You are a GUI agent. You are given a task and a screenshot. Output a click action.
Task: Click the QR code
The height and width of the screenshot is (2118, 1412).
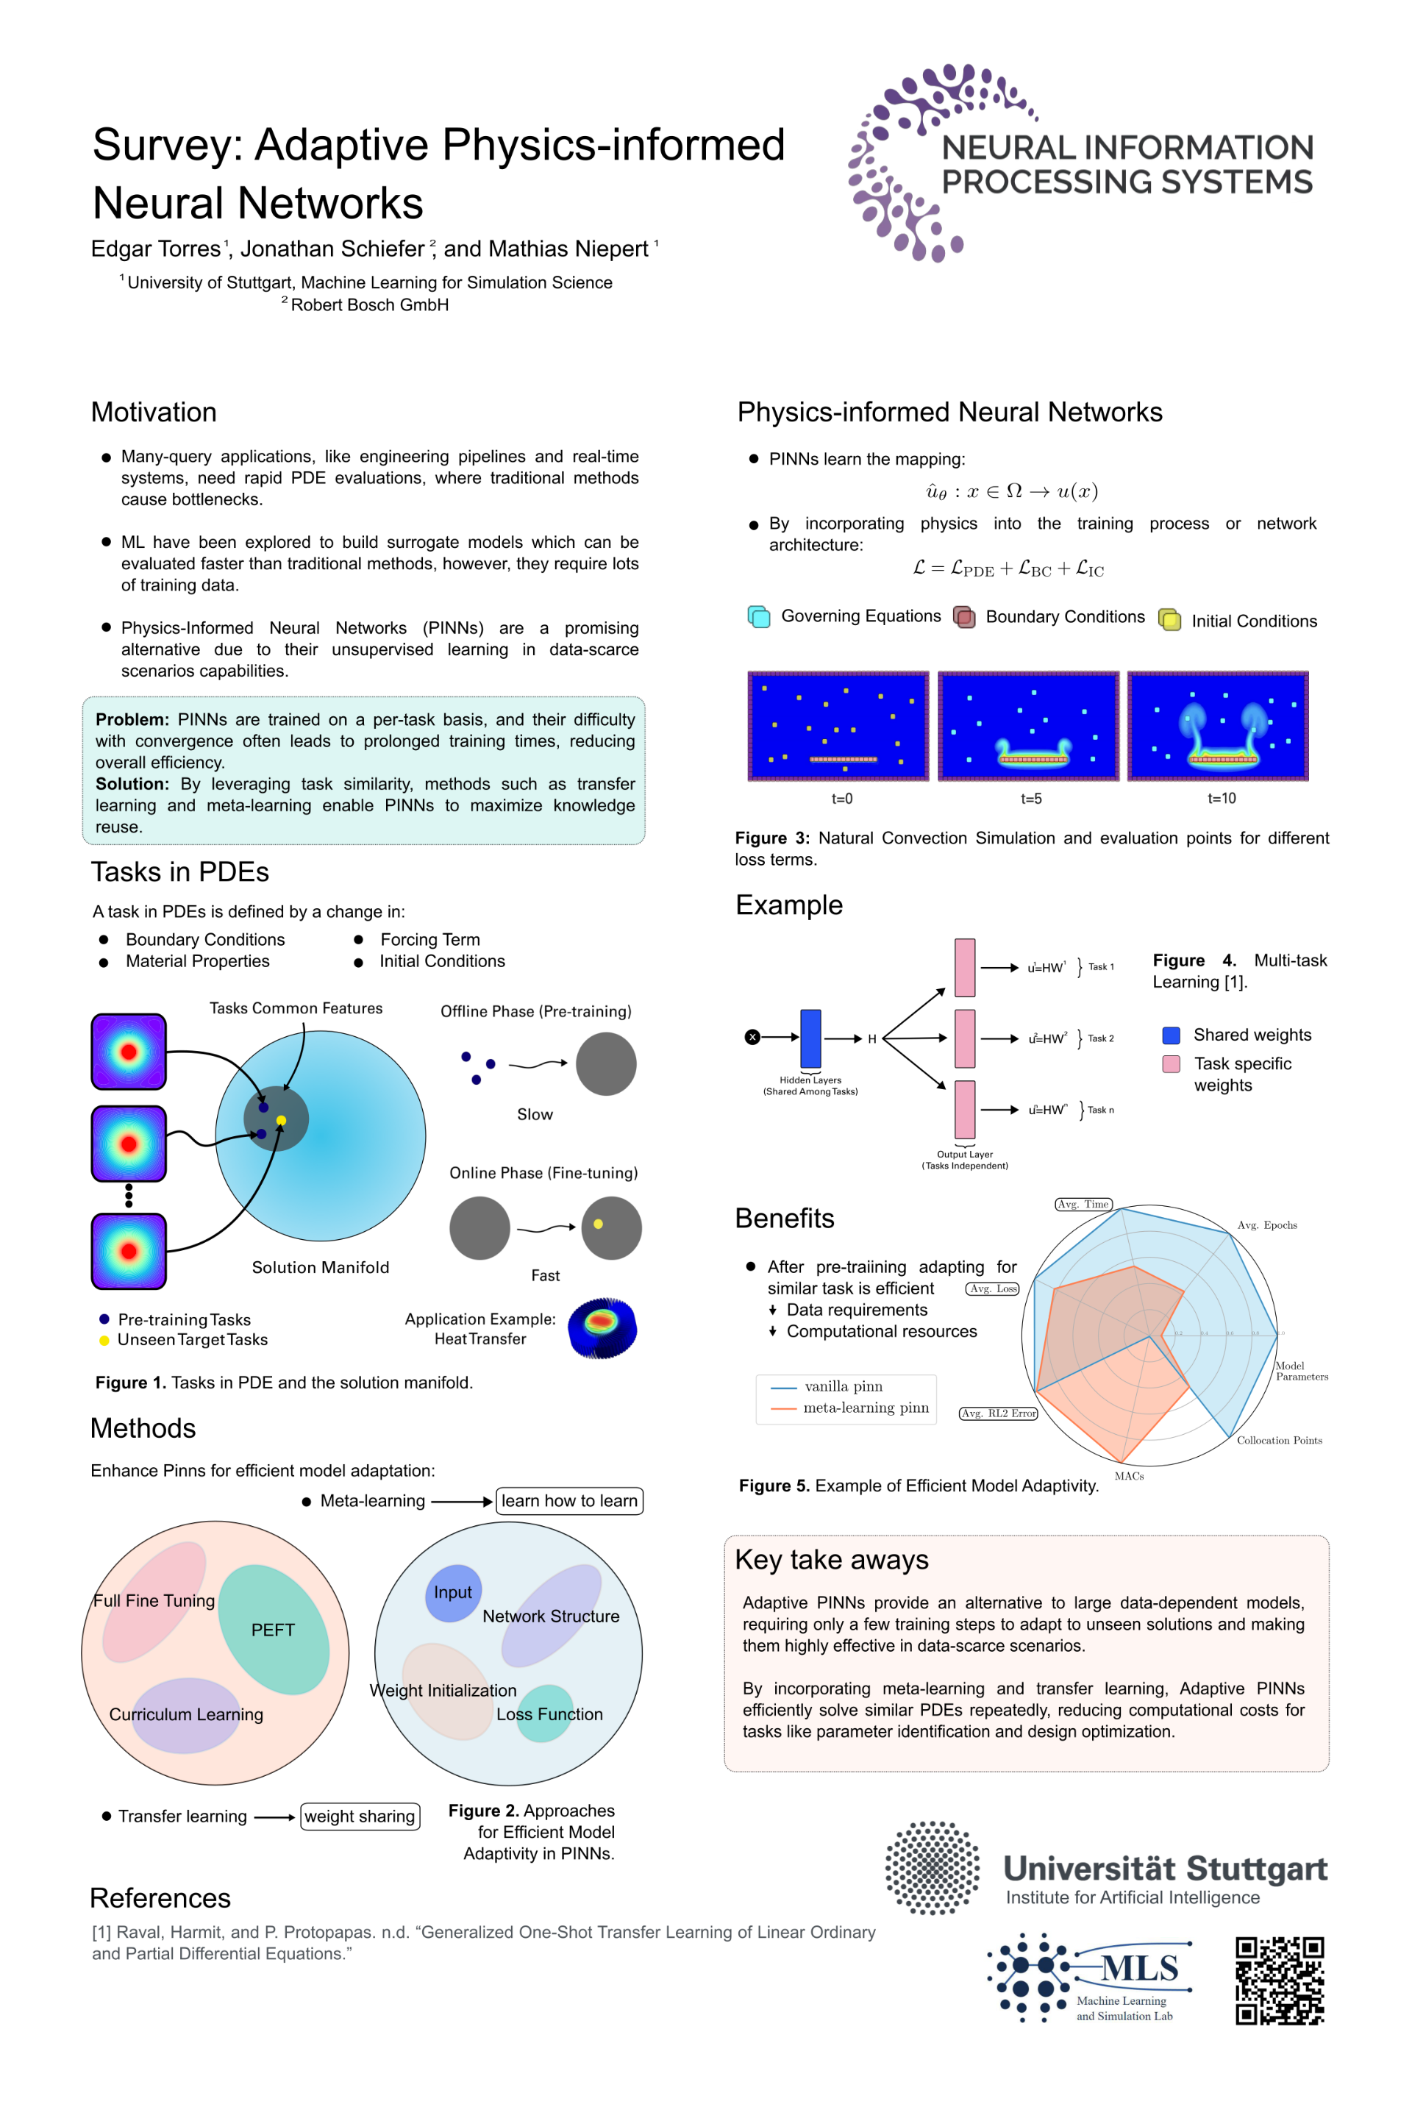pos(1280,1980)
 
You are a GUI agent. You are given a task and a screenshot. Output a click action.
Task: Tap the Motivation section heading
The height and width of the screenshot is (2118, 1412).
pos(154,413)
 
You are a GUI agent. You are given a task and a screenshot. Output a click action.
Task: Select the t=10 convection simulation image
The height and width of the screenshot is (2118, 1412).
pos(1218,726)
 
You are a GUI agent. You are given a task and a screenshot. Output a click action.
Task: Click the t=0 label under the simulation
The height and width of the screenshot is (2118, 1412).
pos(842,799)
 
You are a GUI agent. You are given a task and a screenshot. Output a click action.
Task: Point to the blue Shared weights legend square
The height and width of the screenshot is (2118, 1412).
pos(1171,1035)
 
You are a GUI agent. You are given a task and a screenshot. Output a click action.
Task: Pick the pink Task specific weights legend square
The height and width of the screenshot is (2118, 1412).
pos(1171,1063)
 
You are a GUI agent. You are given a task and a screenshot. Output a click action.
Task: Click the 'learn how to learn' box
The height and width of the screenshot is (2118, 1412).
pos(569,1501)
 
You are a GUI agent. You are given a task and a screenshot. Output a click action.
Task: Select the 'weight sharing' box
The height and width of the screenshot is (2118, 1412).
pos(360,1816)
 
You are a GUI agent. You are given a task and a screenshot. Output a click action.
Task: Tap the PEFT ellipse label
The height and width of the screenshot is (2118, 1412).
pos(273,1630)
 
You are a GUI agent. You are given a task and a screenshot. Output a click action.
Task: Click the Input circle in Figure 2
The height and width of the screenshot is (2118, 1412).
pos(453,1593)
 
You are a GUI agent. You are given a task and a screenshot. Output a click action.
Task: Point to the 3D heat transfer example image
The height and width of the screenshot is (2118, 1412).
pos(602,1327)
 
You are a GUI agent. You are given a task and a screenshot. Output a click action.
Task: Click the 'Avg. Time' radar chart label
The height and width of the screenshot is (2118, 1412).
pos(1083,1204)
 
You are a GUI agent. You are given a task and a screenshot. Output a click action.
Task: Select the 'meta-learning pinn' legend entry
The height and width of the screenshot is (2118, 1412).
pos(866,1408)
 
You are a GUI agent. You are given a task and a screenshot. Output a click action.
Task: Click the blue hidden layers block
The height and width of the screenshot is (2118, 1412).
pos(810,1038)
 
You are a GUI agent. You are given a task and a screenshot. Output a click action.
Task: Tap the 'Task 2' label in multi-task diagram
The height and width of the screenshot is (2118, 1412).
pos(1100,1038)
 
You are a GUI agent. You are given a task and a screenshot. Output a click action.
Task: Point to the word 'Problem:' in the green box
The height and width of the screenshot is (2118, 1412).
pos(132,719)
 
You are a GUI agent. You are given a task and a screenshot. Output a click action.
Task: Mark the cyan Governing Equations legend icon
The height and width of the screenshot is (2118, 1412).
pos(759,617)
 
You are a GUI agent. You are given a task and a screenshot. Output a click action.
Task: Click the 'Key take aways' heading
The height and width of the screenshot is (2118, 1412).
pos(831,1560)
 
